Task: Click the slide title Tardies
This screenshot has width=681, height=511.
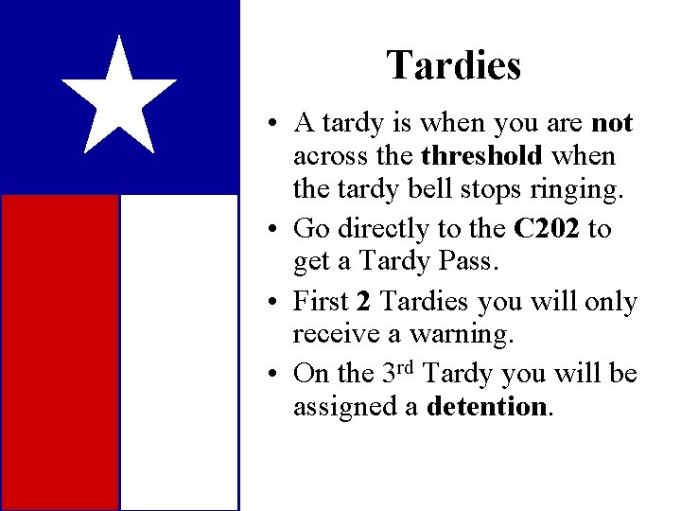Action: click(x=453, y=66)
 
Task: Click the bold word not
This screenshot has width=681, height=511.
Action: click(x=611, y=123)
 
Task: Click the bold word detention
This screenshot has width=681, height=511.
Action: click(x=486, y=407)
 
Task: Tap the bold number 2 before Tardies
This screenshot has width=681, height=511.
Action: click(x=363, y=302)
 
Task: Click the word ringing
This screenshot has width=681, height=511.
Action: click(x=576, y=189)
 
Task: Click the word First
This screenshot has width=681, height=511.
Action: click(x=321, y=302)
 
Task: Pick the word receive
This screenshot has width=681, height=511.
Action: click(x=327, y=335)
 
